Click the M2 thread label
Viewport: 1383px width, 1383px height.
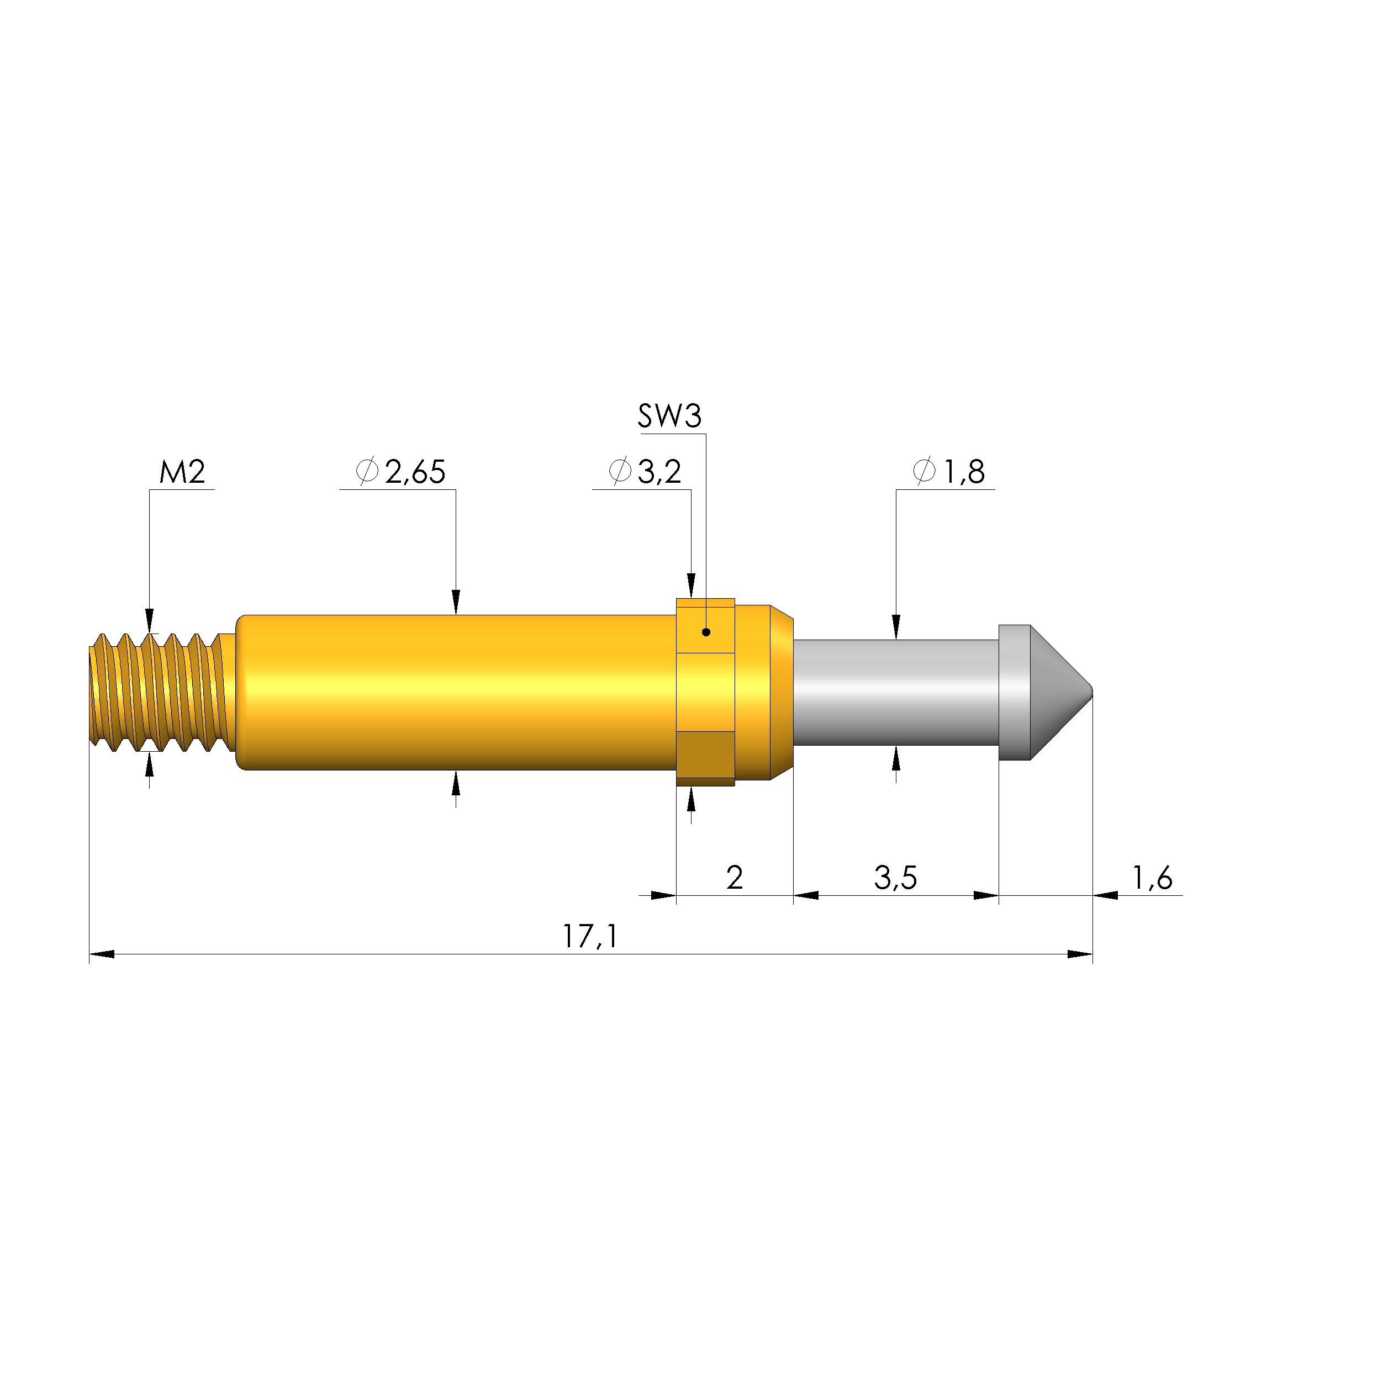point(182,472)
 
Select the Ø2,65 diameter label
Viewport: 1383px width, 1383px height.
point(401,472)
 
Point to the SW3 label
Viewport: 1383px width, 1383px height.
point(670,416)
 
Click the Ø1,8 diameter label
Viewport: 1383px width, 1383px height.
point(949,472)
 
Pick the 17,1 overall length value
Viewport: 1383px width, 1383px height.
point(590,936)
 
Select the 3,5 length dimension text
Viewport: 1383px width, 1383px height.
point(895,878)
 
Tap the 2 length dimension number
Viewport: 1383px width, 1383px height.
point(735,878)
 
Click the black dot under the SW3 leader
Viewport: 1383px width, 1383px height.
point(706,632)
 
